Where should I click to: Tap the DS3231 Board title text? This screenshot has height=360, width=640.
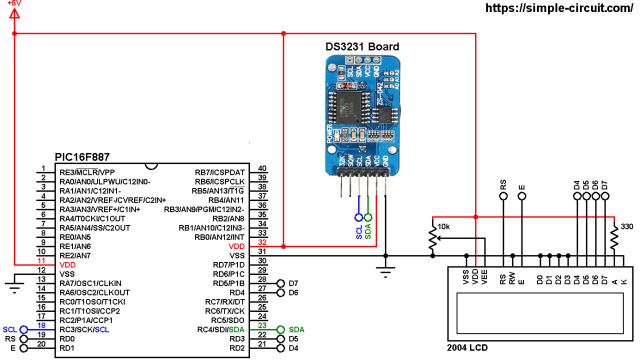(x=361, y=46)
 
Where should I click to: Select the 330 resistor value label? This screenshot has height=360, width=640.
(x=627, y=227)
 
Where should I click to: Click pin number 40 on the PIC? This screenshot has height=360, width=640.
(x=262, y=171)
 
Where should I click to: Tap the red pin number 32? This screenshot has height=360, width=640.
(x=262, y=245)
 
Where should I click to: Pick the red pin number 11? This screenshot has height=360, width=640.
(x=41, y=264)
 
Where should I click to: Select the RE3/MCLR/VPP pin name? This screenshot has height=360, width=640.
(x=87, y=172)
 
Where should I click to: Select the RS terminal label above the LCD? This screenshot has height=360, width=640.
(x=502, y=185)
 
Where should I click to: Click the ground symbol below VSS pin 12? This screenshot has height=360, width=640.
(x=14, y=287)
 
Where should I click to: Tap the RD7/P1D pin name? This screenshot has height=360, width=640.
(x=231, y=264)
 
